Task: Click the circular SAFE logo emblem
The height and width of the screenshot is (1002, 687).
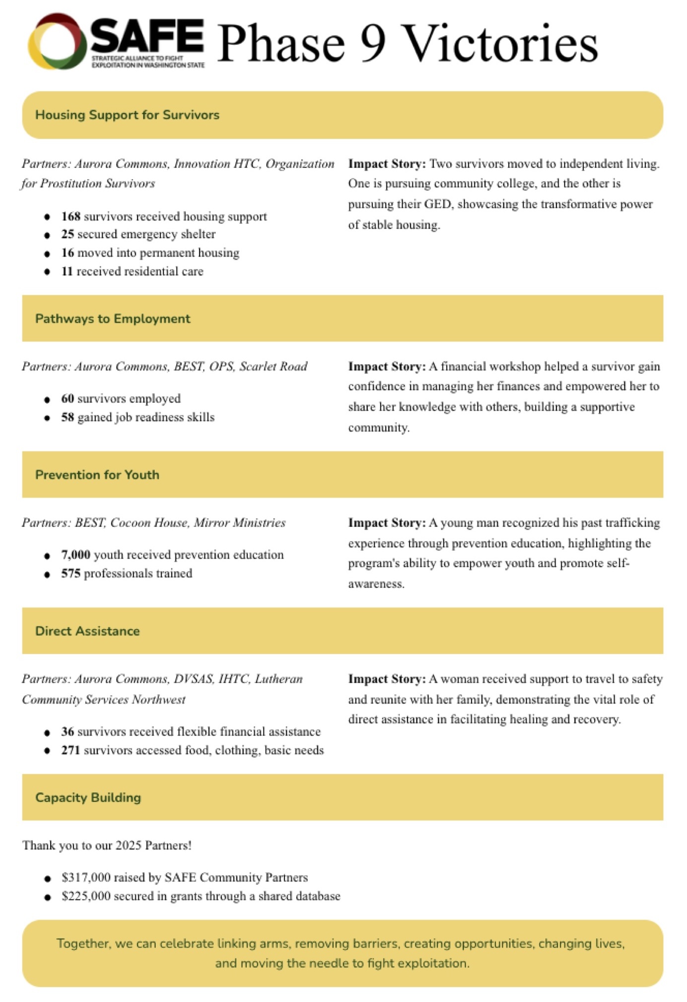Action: click(55, 42)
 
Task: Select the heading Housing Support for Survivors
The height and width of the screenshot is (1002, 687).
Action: click(127, 115)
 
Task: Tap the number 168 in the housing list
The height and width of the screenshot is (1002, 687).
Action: click(70, 216)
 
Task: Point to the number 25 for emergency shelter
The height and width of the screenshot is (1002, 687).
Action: click(68, 234)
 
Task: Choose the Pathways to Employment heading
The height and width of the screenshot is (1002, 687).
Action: click(113, 319)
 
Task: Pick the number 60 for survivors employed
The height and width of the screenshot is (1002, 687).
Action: click(68, 399)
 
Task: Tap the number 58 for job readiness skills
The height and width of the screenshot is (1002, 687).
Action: click(68, 417)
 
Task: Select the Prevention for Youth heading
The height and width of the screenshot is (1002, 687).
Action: click(97, 475)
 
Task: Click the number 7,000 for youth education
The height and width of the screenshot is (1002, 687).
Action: click(75, 555)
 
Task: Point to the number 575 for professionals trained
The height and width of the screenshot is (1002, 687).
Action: click(70, 573)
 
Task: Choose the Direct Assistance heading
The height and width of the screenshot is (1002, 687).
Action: click(87, 631)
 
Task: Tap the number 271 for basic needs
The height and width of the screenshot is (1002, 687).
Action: click(70, 750)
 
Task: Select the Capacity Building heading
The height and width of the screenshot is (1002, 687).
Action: click(88, 797)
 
